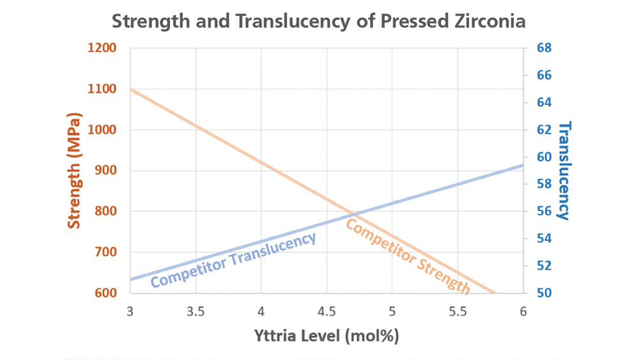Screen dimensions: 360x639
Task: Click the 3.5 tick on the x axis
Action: coord(196,312)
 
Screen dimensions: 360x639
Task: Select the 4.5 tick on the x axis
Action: coord(327,312)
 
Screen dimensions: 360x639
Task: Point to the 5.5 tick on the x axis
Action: coord(458,312)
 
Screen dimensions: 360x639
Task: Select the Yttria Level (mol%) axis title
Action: coord(327,336)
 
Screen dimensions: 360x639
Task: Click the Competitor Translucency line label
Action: coord(233,260)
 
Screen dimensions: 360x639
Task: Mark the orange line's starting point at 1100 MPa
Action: coord(130,89)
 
